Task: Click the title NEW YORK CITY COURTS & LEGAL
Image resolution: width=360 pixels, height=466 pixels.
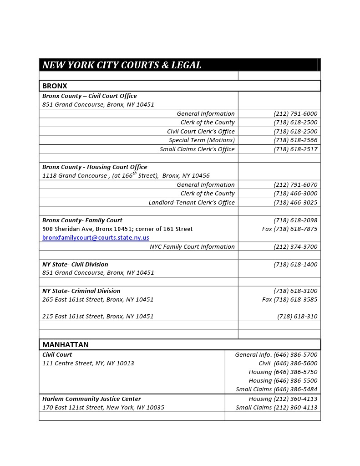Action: coord(122,65)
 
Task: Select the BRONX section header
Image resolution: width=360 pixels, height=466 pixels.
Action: coord(55,86)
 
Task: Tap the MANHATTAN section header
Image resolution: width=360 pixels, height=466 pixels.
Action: coord(65,344)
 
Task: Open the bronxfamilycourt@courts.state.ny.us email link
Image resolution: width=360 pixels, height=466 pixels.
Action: coord(96,237)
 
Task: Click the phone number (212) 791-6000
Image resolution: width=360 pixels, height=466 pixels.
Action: coord(295,113)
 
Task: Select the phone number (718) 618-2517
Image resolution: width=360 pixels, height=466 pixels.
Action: coord(295,149)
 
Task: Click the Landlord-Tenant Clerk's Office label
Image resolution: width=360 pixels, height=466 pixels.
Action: coord(192,202)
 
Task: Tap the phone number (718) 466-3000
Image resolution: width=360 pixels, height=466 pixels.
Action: coord(295,193)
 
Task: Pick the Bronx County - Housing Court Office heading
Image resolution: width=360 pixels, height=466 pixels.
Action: coord(95,167)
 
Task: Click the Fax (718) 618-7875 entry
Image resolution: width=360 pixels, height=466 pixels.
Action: coord(289,229)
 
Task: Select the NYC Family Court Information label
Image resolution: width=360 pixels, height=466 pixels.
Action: coord(192,246)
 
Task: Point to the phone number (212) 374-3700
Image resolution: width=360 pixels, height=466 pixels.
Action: coord(295,246)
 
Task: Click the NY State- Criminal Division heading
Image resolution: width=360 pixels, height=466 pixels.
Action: coord(81,291)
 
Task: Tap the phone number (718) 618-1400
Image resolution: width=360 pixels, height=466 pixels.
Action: coord(295,264)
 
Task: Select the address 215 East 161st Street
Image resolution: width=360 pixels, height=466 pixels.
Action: coord(98,316)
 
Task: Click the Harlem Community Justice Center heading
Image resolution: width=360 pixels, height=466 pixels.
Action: coord(91,399)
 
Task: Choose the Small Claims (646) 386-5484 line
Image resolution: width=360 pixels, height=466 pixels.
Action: coord(276,389)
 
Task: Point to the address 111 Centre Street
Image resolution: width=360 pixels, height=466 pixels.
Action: coord(88,363)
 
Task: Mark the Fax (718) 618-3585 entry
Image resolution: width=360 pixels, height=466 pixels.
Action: coord(289,299)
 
